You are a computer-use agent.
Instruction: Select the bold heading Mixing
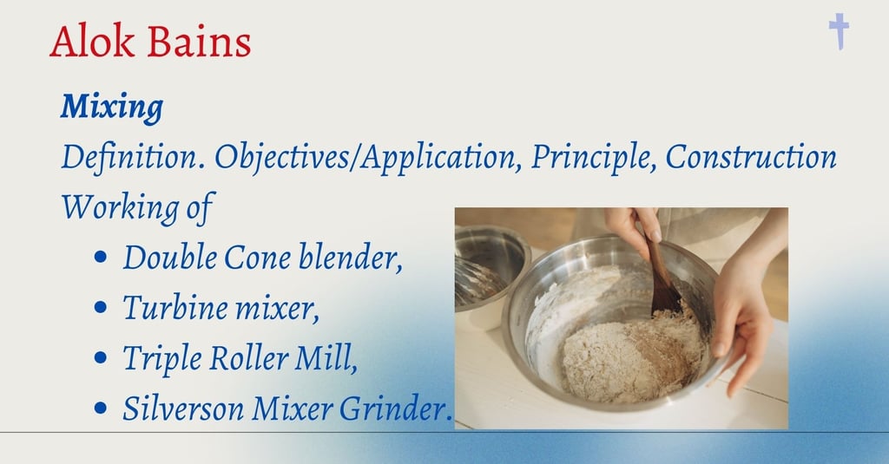tap(112, 107)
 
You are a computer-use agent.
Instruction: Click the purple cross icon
tap(839, 32)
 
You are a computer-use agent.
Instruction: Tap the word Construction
tap(751, 156)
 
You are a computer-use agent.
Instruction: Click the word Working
tap(120, 207)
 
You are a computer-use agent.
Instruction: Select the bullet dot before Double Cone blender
tap(101, 258)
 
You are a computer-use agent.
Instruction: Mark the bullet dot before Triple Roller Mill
tap(101, 358)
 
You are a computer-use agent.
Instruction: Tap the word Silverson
tap(183, 408)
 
